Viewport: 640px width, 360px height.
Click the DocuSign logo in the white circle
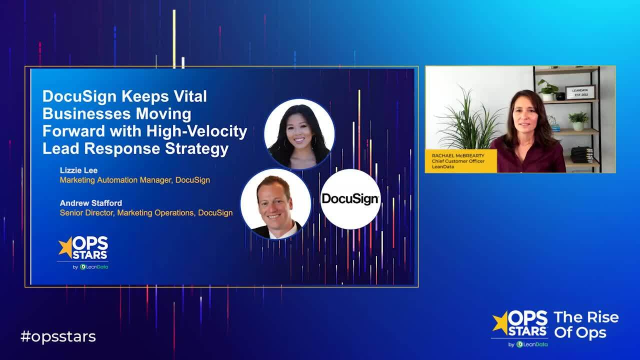click(350, 199)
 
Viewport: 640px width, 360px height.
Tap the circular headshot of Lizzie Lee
click(299, 133)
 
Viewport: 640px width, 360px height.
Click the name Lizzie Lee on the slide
click(78, 170)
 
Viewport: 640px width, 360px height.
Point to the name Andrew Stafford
click(90, 203)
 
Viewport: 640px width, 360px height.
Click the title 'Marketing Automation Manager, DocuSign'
click(134, 180)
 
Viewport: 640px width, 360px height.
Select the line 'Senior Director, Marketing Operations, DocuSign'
click(146, 212)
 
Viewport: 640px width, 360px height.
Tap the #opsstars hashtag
click(58, 336)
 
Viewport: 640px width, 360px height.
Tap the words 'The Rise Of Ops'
click(586, 325)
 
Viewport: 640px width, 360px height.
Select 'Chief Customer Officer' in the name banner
click(458, 161)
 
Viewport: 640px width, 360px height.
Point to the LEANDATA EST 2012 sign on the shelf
click(580, 92)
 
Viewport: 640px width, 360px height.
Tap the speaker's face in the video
click(523, 113)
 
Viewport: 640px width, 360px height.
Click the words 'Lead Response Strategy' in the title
click(135, 149)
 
